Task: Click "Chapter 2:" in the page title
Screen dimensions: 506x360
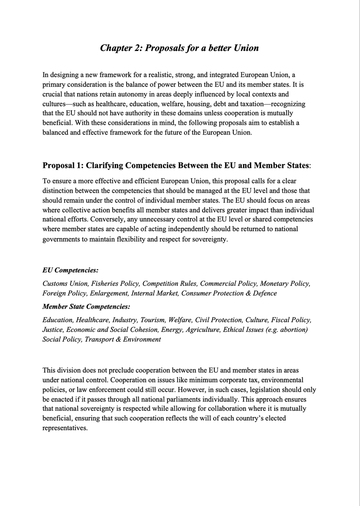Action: click(122, 48)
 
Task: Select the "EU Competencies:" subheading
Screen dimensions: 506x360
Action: click(70, 270)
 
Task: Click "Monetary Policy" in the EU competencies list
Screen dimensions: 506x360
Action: click(285, 284)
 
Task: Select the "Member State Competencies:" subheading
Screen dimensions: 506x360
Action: click(87, 307)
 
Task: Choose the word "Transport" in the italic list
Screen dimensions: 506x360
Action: click(98, 339)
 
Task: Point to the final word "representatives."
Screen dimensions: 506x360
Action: click(65, 427)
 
